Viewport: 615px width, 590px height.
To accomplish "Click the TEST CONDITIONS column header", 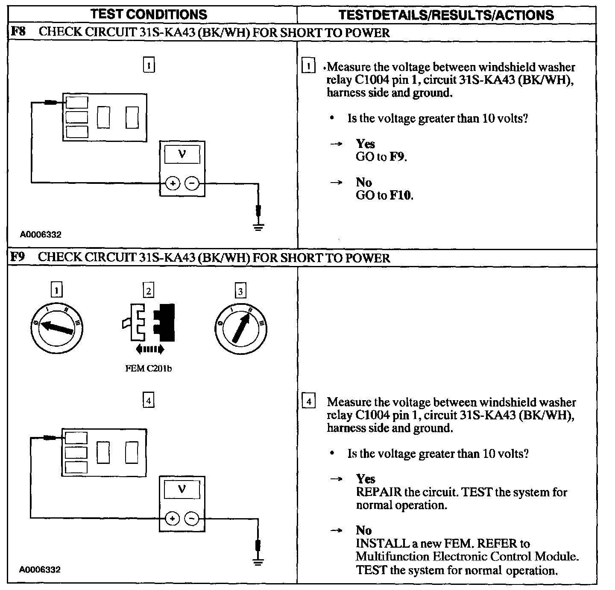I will coord(149,14).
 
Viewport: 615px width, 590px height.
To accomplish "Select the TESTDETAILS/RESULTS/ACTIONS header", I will coord(446,15).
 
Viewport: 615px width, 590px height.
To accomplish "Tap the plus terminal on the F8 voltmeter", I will coord(173,184).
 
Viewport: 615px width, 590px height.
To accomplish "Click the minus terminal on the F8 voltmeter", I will coord(192,184).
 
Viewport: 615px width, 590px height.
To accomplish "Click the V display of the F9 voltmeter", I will coord(182,489).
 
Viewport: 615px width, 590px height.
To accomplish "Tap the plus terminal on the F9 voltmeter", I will coord(173,519).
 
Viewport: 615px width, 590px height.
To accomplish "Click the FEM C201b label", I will coord(149,368).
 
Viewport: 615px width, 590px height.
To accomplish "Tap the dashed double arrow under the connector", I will coord(149,349).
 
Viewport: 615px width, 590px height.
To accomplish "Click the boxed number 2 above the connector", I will coord(148,291).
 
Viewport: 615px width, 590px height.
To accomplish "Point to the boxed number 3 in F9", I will coord(240,291).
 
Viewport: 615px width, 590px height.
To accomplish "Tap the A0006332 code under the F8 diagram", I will coord(40,235).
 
